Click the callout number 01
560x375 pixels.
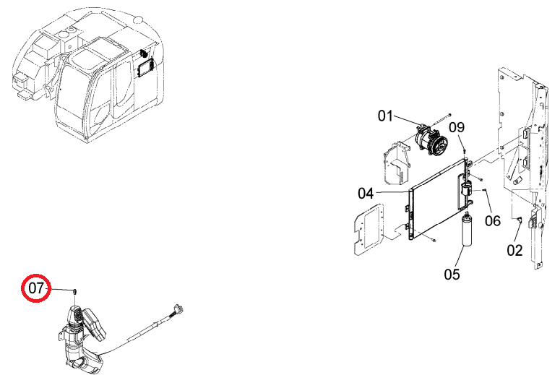coord(385,116)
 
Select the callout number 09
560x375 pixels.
coord(457,127)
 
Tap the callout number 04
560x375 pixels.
coord(366,194)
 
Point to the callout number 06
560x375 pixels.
coord(493,220)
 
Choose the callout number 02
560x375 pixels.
coord(515,250)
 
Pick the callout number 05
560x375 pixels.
coord(452,275)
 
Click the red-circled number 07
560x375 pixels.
coord(36,288)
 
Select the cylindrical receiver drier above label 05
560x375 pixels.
coord(467,230)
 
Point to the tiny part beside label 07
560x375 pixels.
coord(75,291)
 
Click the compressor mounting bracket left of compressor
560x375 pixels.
coord(397,163)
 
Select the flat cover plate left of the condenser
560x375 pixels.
coord(369,229)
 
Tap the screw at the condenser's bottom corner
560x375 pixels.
coord(434,241)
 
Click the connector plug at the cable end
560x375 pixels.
coord(178,309)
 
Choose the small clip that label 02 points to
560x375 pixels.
coord(520,219)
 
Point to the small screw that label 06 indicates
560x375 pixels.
coord(483,190)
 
